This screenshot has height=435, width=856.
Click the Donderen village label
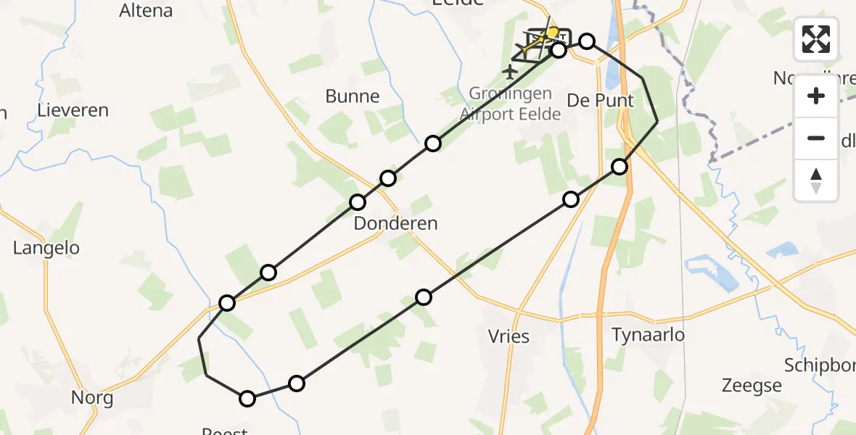tap(395, 223)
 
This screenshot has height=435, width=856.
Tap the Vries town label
tap(509, 336)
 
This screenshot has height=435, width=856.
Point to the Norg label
tap(92, 398)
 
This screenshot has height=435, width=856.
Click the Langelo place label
tap(46, 248)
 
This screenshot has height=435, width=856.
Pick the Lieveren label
tap(74, 111)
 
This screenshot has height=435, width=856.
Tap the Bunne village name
tap(353, 96)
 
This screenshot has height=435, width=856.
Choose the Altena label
tap(146, 10)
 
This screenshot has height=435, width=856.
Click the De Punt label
tap(600, 101)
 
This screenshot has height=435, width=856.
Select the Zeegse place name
tap(752, 385)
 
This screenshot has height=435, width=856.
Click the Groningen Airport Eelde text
tap(510, 104)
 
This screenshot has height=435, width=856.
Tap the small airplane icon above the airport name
tap(510, 72)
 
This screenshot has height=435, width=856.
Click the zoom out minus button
tap(816, 138)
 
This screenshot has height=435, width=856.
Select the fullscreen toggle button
tap(816, 39)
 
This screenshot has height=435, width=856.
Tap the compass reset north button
tap(816, 181)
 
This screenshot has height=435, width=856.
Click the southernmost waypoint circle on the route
tap(247, 399)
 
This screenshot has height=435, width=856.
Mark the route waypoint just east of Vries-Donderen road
tap(424, 297)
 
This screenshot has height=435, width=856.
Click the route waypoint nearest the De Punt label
tap(620, 167)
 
